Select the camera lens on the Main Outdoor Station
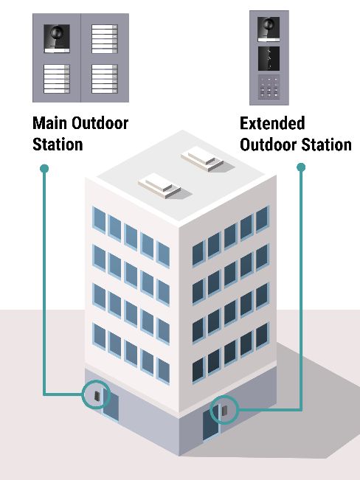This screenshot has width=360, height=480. tap(56, 34)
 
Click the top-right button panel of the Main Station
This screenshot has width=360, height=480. tap(103, 36)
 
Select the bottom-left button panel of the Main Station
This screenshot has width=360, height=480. tap(56, 77)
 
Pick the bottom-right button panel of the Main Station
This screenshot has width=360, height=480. tap(103, 77)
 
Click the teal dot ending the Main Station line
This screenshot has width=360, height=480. tap(44, 169)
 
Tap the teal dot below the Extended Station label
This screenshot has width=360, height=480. tap(300, 168)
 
